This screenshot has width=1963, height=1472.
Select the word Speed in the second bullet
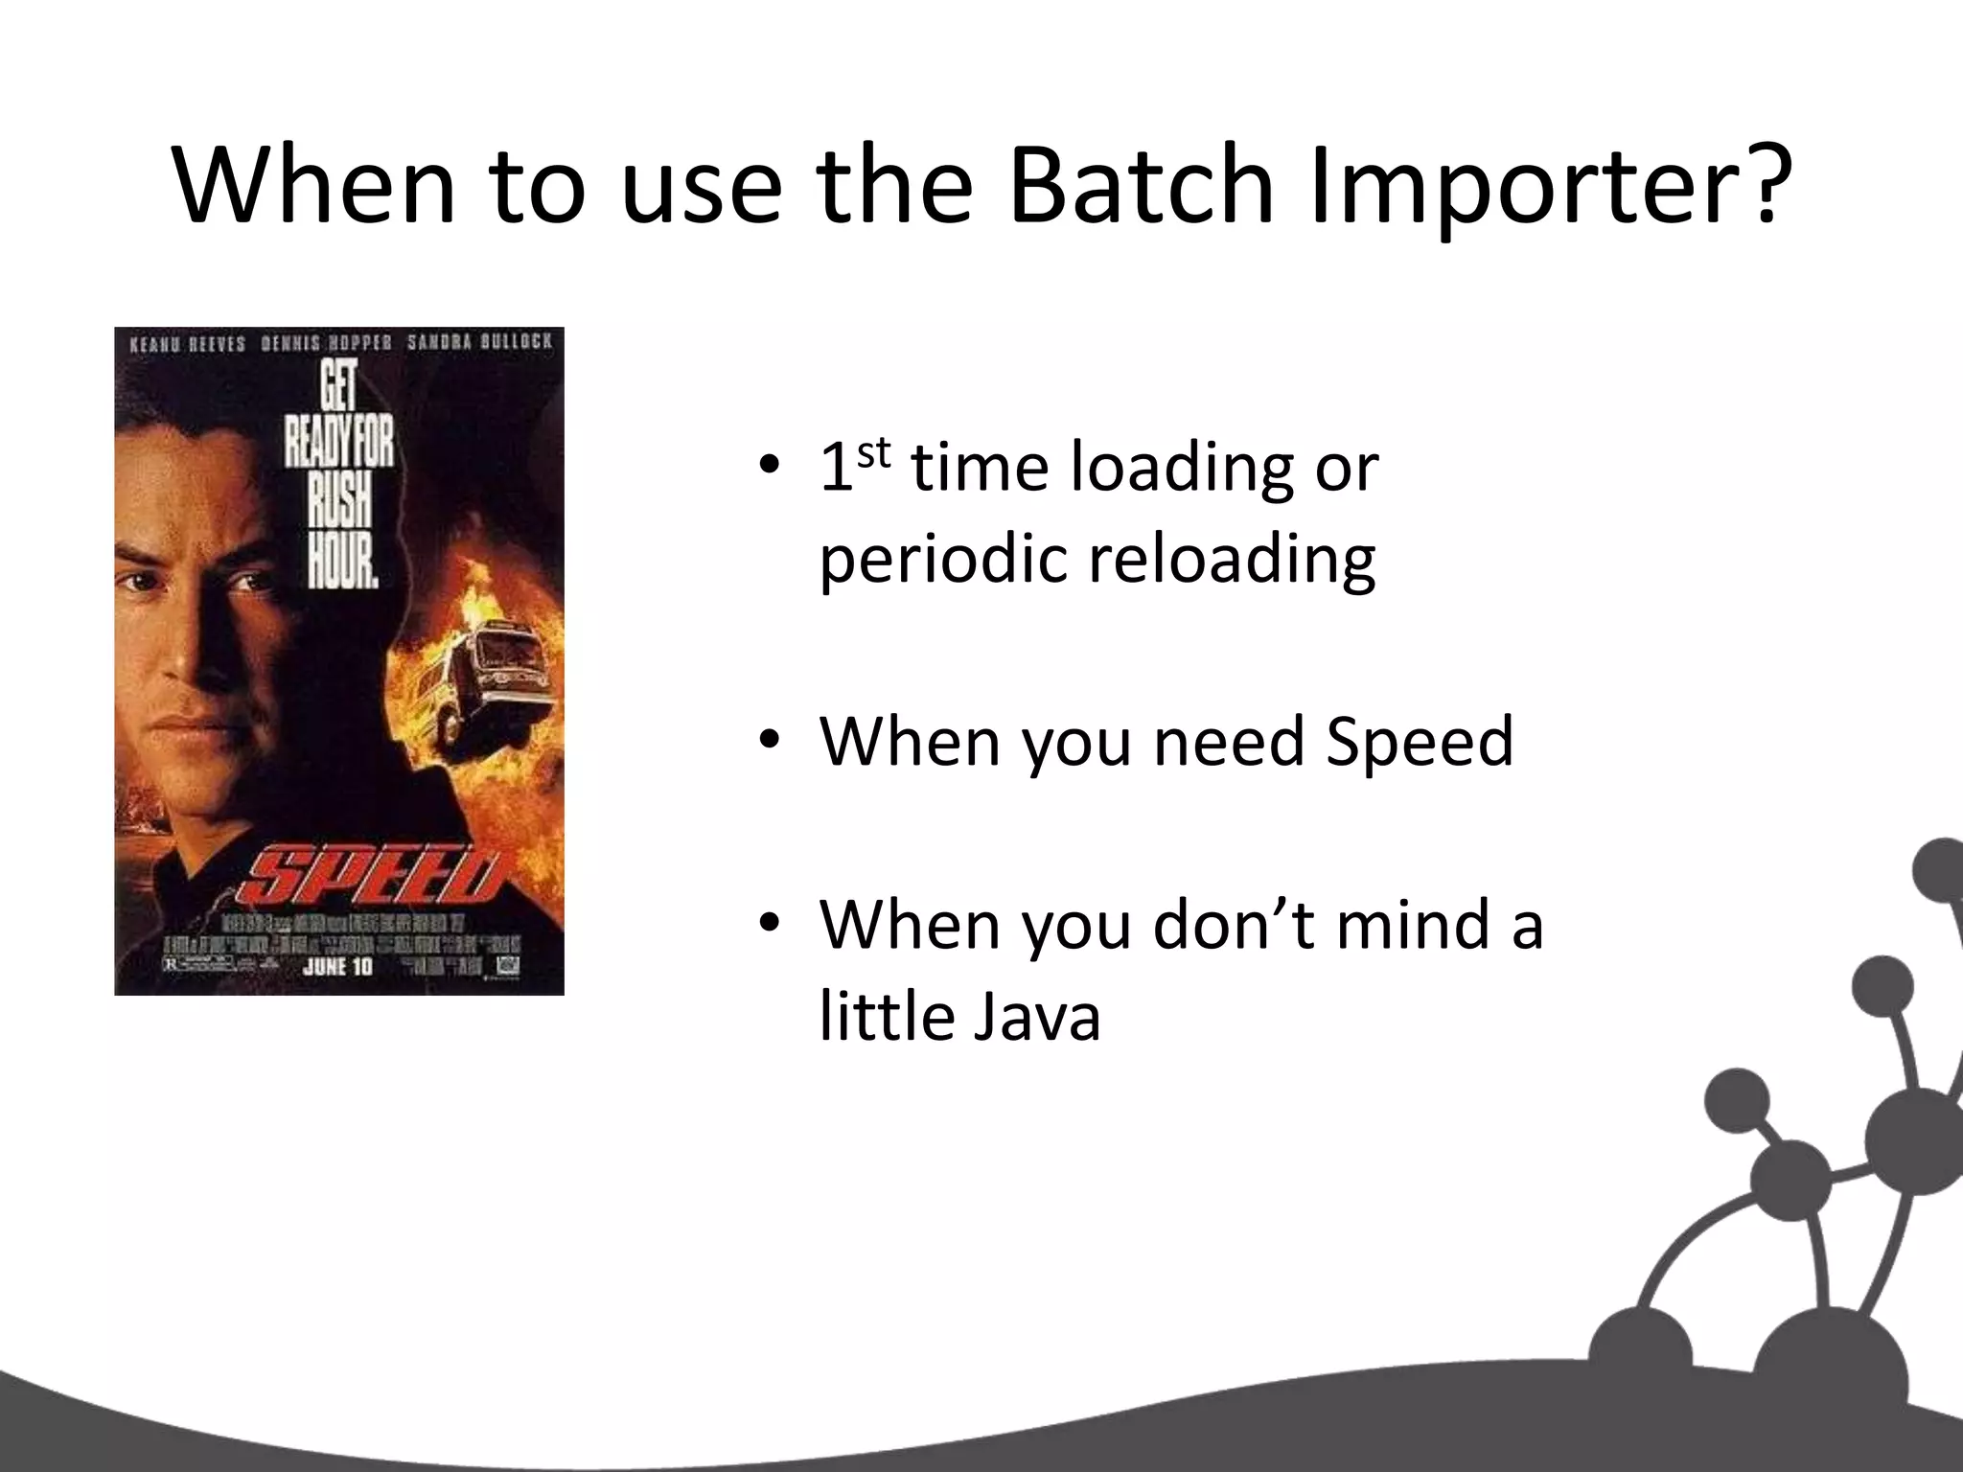[1419, 742]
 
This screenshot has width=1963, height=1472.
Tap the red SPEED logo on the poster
[374, 877]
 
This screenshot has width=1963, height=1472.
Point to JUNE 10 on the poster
[336, 966]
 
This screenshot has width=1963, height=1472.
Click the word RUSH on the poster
[341, 501]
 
